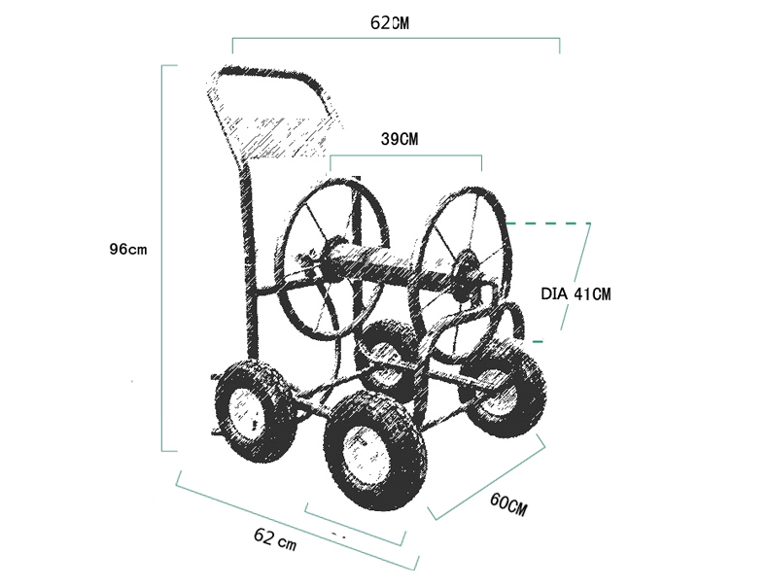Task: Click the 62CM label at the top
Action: coord(390,23)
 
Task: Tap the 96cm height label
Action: coord(127,249)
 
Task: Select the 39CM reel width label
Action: coord(400,139)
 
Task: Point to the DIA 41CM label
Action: coord(576,294)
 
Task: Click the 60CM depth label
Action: coord(508,504)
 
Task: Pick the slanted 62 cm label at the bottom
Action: coord(275,539)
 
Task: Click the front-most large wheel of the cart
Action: coord(375,452)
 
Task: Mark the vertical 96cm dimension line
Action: coord(162,258)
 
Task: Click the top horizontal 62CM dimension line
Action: coord(396,38)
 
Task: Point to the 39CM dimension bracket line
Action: coord(405,155)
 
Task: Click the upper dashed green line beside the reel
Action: coord(547,224)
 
